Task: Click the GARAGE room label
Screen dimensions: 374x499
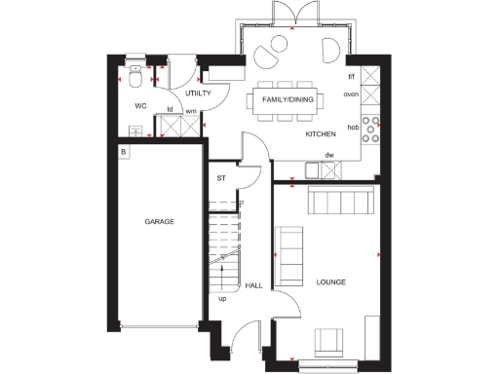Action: point(160,222)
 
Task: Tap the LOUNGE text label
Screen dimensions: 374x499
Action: point(331,282)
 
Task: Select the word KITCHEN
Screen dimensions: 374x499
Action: point(321,133)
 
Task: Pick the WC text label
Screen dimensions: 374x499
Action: point(140,105)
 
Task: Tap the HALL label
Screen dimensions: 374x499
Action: point(253,285)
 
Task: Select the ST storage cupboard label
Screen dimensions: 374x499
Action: point(221,178)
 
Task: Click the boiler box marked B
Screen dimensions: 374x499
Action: point(124,152)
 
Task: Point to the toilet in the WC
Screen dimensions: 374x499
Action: point(137,75)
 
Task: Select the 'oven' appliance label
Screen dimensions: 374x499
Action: point(351,94)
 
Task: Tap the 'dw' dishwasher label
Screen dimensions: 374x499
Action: point(329,155)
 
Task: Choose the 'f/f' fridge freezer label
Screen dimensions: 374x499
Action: point(351,76)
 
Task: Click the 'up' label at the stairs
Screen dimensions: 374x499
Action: point(222,298)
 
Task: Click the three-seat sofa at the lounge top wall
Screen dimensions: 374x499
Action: point(338,202)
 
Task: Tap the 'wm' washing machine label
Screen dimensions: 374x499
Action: point(191,111)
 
